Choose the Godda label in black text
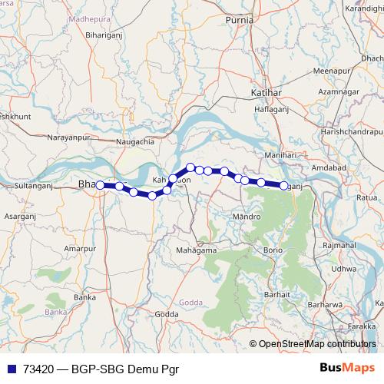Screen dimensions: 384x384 (166, 314)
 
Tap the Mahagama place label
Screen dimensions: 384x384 (195, 250)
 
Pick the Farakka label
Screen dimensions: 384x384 (366, 326)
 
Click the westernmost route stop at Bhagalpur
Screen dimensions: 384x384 (100, 185)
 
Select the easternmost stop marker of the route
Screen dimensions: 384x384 (284, 185)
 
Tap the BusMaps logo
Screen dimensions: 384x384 (349, 368)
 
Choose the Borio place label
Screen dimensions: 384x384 (273, 250)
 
